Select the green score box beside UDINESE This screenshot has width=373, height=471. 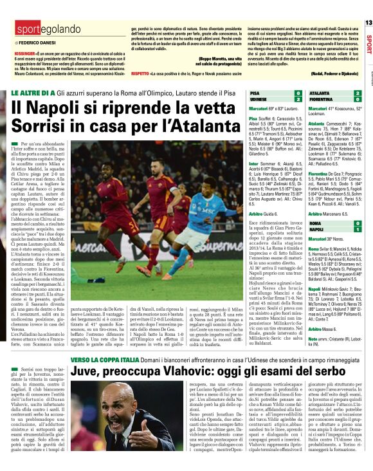(298, 100)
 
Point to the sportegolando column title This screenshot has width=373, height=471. (41, 30)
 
